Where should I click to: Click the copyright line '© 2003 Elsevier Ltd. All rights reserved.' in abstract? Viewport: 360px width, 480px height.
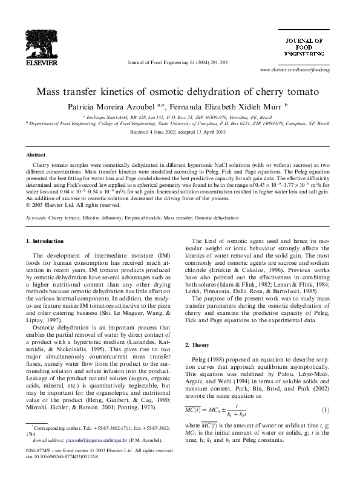(74, 205)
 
